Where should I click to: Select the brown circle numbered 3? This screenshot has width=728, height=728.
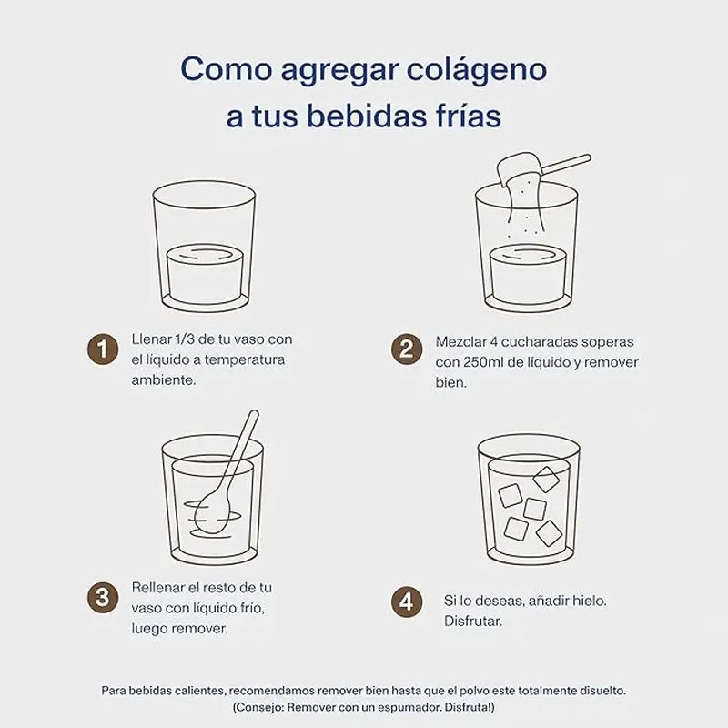point(104,597)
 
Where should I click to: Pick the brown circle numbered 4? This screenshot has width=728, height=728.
point(407,602)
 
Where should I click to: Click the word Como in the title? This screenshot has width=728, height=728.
point(221,69)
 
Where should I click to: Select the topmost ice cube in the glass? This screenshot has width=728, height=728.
point(546,479)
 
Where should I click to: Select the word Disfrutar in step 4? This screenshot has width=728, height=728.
point(473,622)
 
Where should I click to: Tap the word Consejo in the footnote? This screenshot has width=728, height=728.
point(265,708)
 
